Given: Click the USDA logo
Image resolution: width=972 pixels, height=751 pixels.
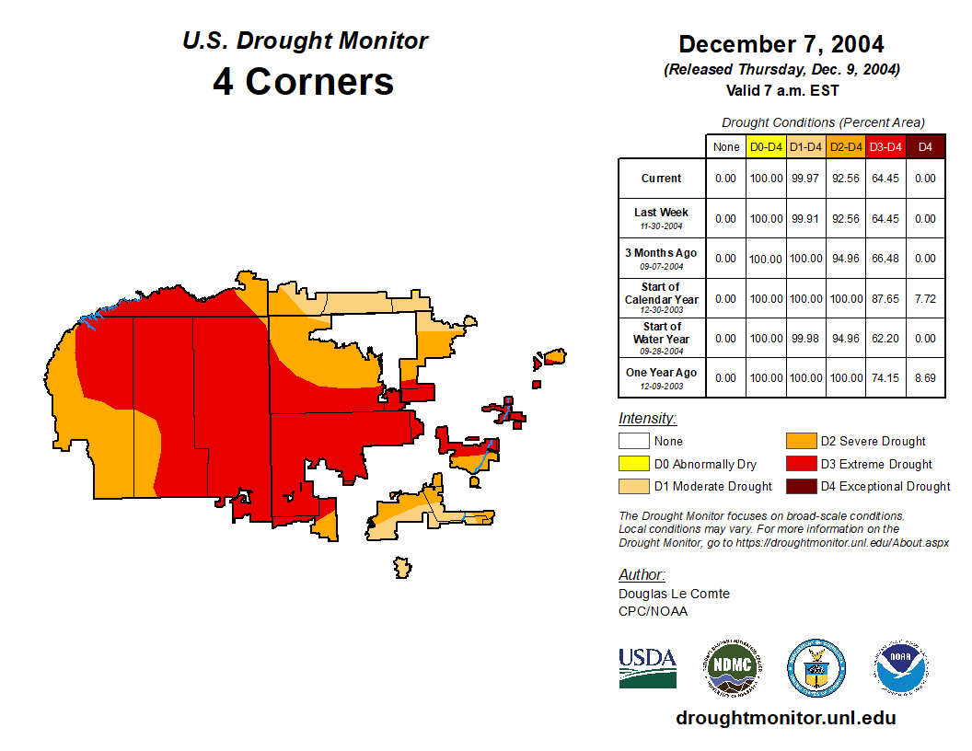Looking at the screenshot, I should click(x=647, y=667).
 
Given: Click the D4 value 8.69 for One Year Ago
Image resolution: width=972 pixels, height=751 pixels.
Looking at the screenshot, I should click(x=925, y=377).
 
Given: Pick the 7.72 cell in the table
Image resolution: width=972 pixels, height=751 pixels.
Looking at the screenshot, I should click(x=925, y=298).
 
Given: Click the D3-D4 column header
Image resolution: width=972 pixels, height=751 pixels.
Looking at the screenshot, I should click(x=885, y=147).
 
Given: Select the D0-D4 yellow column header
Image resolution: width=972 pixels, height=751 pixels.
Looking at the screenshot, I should click(x=766, y=147).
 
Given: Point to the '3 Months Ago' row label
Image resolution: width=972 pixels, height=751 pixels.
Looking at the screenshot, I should click(x=661, y=258).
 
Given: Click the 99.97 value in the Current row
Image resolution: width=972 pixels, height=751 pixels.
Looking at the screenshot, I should click(x=805, y=179).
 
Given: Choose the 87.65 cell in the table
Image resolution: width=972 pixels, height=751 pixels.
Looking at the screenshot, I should click(x=885, y=298).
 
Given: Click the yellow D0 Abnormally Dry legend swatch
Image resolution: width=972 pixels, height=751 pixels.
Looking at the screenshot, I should click(x=633, y=464).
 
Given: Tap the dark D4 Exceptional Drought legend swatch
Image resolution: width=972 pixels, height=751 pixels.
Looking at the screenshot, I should click(x=801, y=486).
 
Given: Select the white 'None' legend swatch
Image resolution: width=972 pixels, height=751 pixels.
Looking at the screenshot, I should click(x=633, y=442).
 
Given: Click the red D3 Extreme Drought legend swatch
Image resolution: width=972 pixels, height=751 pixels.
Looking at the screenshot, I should click(x=801, y=464).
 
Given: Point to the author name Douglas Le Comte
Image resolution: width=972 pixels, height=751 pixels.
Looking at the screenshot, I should click(x=674, y=594).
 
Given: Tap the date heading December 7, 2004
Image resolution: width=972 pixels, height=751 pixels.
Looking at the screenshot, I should click(x=781, y=44).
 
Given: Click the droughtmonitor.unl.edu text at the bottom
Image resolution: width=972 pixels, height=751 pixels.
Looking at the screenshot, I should click(x=785, y=718).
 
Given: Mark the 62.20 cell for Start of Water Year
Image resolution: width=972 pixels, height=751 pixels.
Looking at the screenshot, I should click(x=885, y=338).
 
